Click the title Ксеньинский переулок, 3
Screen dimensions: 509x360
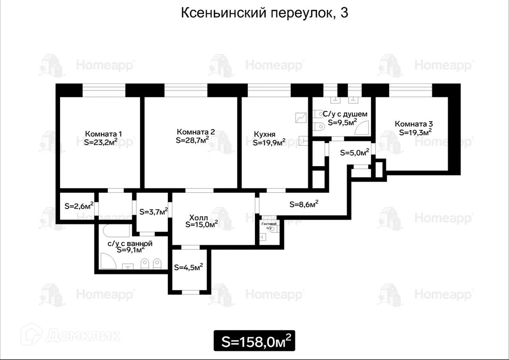[264, 13]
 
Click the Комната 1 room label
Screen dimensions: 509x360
[104, 133]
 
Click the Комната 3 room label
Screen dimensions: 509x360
[414, 123]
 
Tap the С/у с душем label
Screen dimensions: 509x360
[345, 114]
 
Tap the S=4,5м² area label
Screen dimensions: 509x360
[188, 267]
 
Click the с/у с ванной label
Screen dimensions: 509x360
[130, 243]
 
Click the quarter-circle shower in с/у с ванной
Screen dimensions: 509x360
[107, 261]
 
